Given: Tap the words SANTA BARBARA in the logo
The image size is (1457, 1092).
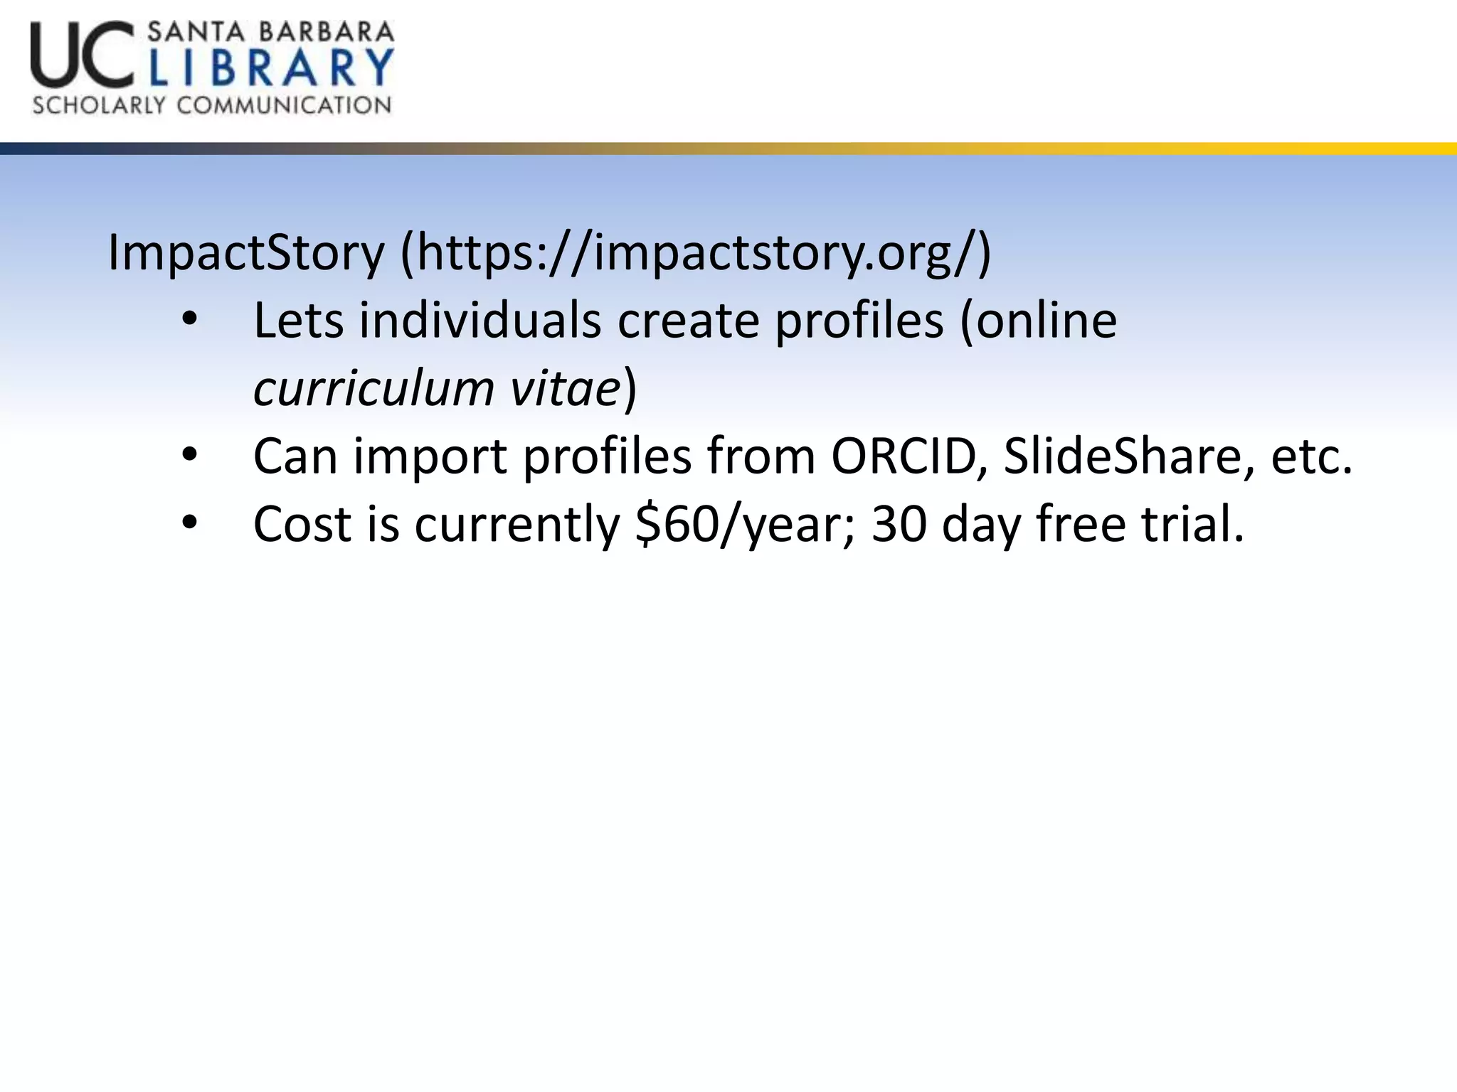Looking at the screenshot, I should click(x=270, y=31).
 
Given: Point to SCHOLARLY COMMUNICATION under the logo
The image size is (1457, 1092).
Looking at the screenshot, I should click(x=212, y=106).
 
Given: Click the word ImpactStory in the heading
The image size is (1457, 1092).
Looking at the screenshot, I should click(x=245, y=253).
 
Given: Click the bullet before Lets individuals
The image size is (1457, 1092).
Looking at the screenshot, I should click(x=189, y=319).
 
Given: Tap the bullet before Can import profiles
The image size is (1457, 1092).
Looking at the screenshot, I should click(x=189, y=455).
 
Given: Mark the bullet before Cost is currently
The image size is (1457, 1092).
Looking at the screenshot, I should click(x=189, y=523).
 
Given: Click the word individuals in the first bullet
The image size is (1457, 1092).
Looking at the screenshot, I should click(x=480, y=321).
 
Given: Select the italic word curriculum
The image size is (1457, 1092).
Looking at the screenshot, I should click(x=373, y=389).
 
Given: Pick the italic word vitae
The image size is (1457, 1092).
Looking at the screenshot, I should click(x=566, y=389).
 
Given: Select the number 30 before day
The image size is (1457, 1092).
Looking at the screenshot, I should click(x=899, y=524).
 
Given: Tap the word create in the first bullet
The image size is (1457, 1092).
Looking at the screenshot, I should click(x=688, y=321).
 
